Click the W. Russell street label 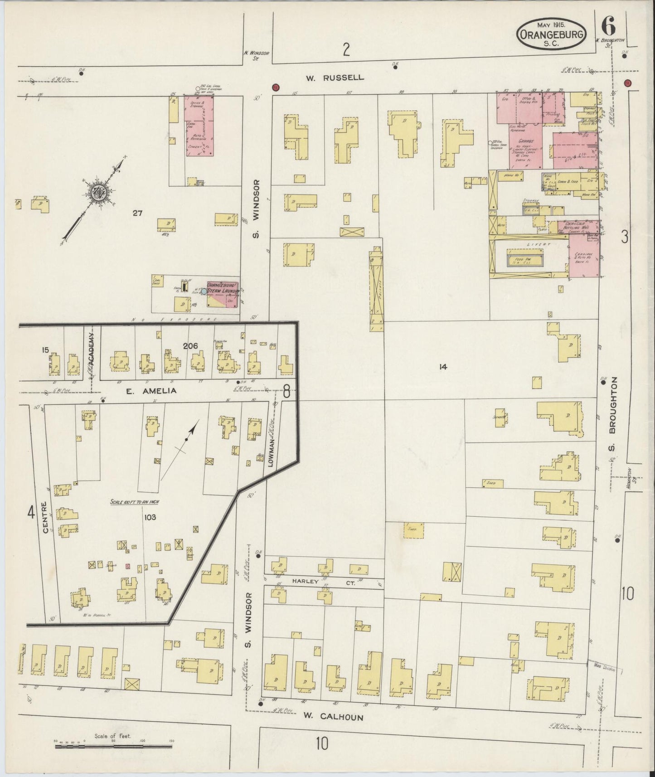[x=335, y=78]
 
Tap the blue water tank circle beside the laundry [x=204, y=291]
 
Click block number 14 [x=443, y=367]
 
